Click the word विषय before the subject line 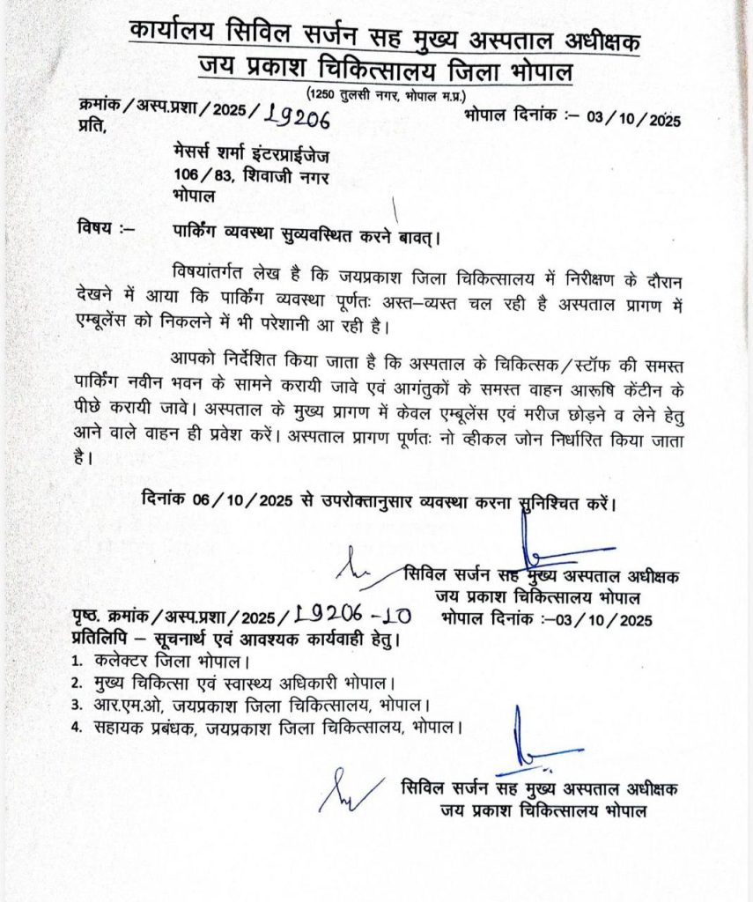[x=97, y=230]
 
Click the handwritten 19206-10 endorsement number [x=351, y=616]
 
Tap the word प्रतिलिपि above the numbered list [x=100, y=637]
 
